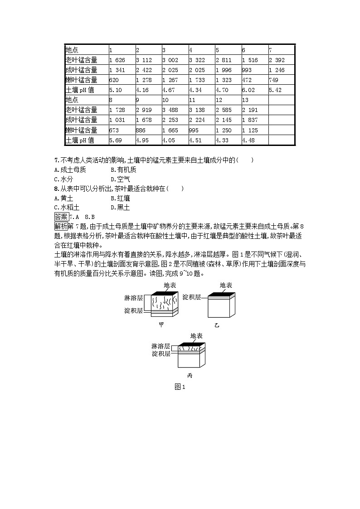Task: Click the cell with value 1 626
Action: point(117,60)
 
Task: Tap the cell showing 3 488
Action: point(170,110)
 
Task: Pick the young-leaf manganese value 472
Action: point(247,80)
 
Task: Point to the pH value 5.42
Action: point(275,90)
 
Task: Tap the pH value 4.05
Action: point(169,140)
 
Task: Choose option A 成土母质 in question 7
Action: point(70,170)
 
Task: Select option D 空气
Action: point(120,179)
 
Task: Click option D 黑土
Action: point(120,207)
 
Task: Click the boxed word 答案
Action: point(61,217)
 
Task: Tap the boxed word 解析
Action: point(61,226)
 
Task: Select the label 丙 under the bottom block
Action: point(190,376)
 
